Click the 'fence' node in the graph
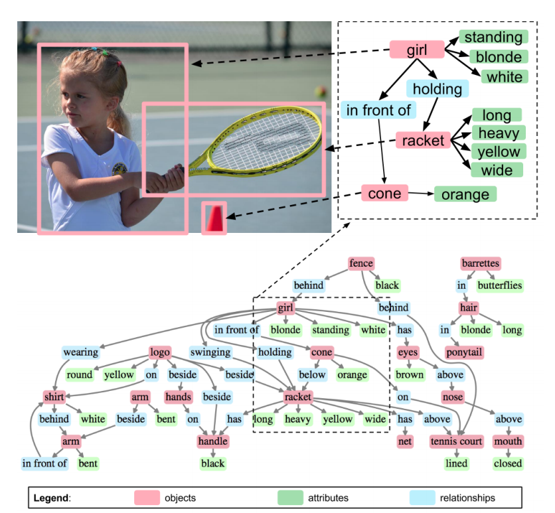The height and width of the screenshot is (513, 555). pos(361,263)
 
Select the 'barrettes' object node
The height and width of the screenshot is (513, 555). pos(480,263)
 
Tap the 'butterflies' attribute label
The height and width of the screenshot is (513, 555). pos(499,285)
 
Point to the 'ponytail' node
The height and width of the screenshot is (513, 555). pos(464,352)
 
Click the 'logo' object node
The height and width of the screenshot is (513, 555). pos(160,352)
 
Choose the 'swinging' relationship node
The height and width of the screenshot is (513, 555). pos(210,352)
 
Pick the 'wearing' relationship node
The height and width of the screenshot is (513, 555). pos(81,352)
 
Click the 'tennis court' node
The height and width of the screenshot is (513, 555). pos(457,441)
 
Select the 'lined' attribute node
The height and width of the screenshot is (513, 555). pos(457,463)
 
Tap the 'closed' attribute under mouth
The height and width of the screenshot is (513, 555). pos(508,463)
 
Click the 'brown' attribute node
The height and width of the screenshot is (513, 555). pos(410,374)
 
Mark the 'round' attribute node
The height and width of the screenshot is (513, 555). pos(79,374)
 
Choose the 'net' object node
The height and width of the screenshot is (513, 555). pos(405,441)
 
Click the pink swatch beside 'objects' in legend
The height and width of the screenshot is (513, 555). pos(147,497)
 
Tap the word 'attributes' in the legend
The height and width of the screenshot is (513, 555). pos(328,497)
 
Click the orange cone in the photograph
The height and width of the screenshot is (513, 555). pos(214,218)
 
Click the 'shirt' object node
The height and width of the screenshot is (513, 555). pos(54,397)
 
